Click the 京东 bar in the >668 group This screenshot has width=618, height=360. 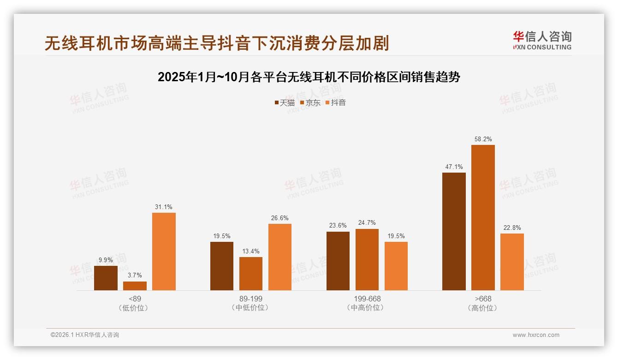pyautogui.click(x=483, y=217)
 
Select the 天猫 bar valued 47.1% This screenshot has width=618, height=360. pyautogui.click(x=454, y=231)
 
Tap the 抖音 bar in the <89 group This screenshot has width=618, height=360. pyautogui.click(x=164, y=252)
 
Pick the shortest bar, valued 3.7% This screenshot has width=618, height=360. pyautogui.click(x=135, y=286)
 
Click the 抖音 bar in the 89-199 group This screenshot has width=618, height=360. pyautogui.click(x=280, y=257)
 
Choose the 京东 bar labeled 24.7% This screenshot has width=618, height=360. pyautogui.click(x=367, y=259)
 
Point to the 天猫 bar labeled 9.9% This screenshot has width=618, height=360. pyautogui.click(x=106, y=278)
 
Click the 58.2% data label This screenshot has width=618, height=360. pyautogui.click(x=483, y=139)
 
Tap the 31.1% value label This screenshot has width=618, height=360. pyautogui.click(x=164, y=207)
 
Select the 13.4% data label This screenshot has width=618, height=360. pyautogui.click(x=251, y=251)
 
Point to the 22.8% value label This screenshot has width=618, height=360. pyautogui.click(x=512, y=228)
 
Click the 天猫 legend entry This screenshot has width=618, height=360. pyautogui.click(x=285, y=102)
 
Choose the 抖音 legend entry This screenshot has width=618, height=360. pyautogui.click(x=336, y=102)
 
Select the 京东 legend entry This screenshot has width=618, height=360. pyautogui.click(x=310, y=102)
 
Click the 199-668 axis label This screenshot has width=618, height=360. pyautogui.click(x=367, y=299)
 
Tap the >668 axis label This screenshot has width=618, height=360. pyautogui.click(x=483, y=299)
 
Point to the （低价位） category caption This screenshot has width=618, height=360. pyautogui.click(x=135, y=307)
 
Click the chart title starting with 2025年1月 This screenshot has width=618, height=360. pyautogui.click(x=309, y=77)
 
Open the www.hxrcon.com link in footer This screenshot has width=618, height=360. pyautogui.click(x=536, y=335)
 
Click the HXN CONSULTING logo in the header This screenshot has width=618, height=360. pyautogui.click(x=542, y=41)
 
